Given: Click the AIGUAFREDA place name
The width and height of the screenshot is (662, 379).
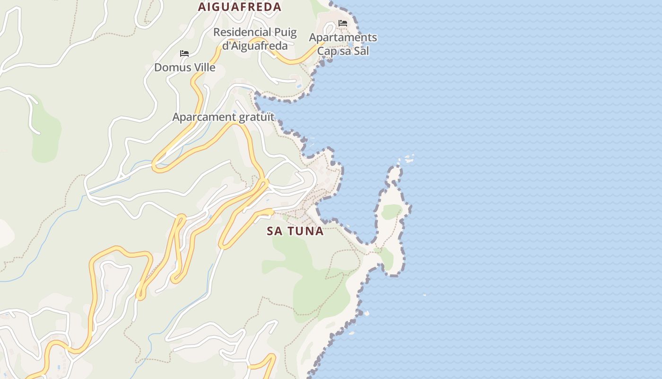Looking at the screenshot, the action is [240, 7].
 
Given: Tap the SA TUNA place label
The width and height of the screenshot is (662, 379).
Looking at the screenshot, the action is [295, 231].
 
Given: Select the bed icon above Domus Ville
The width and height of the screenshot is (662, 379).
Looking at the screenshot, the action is [184, 54].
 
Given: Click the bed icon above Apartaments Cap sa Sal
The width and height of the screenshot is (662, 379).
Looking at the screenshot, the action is [343, 23].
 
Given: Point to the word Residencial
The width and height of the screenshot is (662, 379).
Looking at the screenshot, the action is [242, 32].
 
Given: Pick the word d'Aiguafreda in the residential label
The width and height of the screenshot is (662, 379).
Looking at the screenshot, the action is [255, 45].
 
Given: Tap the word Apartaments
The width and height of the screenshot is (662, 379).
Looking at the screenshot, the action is [343, 37].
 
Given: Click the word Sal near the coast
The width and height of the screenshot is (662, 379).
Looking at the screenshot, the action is [360, 51].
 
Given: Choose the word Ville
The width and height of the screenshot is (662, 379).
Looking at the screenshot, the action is [202, 67].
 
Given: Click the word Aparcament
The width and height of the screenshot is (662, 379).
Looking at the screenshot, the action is [204, 117].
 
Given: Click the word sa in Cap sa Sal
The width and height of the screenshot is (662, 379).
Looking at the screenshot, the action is [344, 51].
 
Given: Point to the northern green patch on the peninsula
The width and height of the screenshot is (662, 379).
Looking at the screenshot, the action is [392, 211].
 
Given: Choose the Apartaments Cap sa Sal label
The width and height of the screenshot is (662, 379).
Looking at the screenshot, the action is [343, 44].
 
